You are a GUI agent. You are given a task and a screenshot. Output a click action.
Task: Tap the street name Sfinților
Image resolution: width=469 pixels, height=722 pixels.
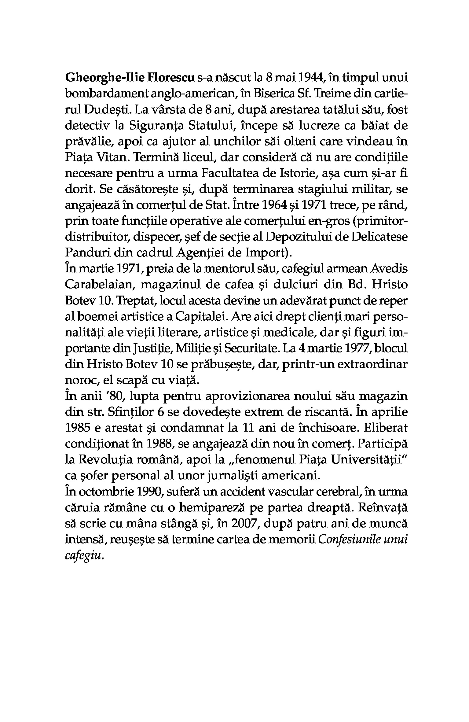(x=131, y=412)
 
